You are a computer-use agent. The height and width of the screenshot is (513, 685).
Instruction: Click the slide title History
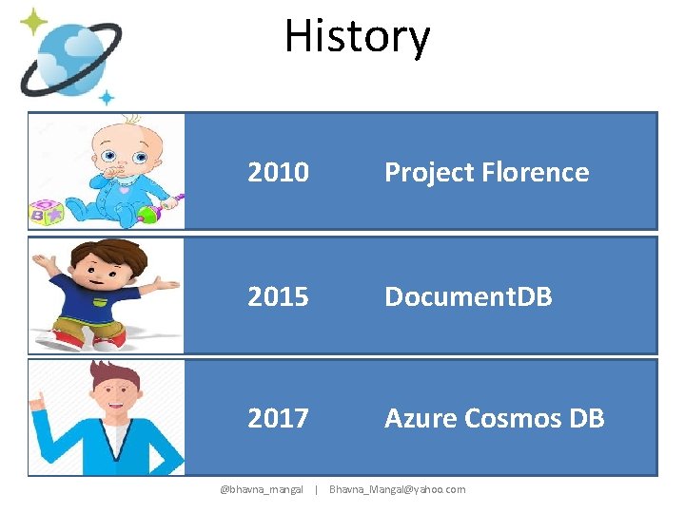coord(357,38)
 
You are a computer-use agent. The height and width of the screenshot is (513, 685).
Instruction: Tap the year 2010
coord(278,172)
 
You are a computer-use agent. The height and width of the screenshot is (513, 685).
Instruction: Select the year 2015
coord(278,296)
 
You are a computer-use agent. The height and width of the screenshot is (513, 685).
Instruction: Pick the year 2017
coord(278,418)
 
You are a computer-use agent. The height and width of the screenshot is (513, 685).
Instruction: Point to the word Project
coord(429,172)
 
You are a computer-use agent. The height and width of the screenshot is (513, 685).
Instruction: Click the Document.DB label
coord(467,296)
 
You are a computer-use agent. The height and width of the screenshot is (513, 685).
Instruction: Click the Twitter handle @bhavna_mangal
coord(262,489)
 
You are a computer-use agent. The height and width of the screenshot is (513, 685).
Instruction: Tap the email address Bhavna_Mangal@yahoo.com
coord(397,489)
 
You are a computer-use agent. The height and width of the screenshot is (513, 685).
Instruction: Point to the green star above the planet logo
coord(34,21)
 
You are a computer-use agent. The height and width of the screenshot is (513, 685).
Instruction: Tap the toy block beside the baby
coord(48,213)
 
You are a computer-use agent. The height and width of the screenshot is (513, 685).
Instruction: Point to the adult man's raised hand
coord(38,399)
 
